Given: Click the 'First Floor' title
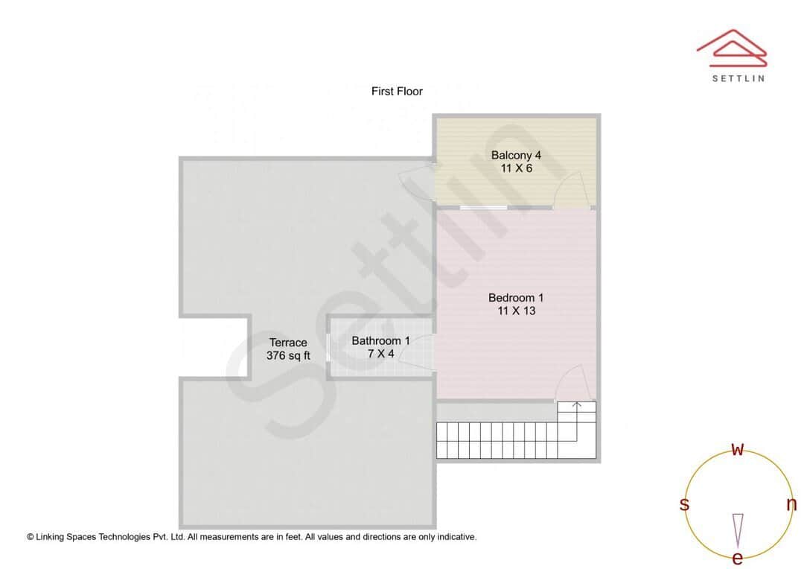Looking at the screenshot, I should pyautogui.click(x=397, y=92).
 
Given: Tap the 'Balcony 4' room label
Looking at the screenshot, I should pyautogui.click(x=516, y=156).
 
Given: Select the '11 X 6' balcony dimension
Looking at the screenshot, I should pyautogui.click(x=516, y=168).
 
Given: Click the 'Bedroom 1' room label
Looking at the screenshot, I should pyautogui.click(x=516, y=298).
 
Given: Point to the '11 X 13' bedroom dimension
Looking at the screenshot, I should pyautogui.click(x=516, y=311).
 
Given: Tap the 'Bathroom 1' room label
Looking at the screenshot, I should pyautogui.click(x=380, y=341).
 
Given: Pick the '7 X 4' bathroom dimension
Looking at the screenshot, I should pyautogui.click(x=380, y=354).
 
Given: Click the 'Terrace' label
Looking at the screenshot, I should pyautogui.click(x=288, y=343).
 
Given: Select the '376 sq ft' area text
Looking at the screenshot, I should pyautogui.click(x=288, y=355).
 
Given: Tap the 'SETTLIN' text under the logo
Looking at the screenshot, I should pyautogui.click(x=738, y=78).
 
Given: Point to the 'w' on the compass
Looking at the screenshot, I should pyautogui.click(x=738, y=449).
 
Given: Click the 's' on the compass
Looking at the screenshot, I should pyautogui.click(x=684, y=504).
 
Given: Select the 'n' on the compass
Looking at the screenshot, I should pyautogui.click(x=791, y=504).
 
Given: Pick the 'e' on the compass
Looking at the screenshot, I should pyautogui.click(x=738, y=558).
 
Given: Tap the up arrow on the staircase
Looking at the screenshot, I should pyautogui.click(x=577, y=407).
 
